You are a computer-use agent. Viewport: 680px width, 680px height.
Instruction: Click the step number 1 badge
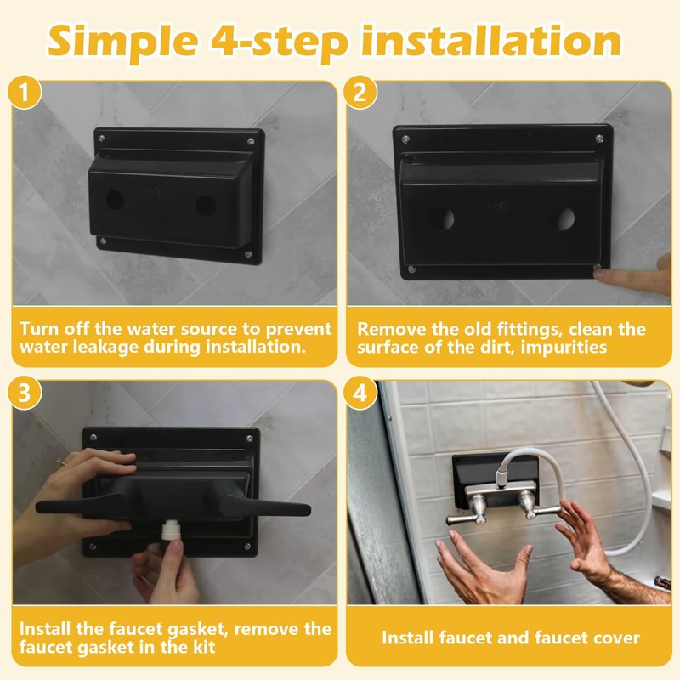pos(25,93)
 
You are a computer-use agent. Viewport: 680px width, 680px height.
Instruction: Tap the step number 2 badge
pos(360,93)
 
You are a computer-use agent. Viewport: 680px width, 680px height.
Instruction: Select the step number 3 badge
pos(25,393)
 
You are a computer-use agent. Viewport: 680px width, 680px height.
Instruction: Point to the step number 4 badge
pos(360,393)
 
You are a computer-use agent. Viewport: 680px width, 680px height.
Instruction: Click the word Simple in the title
pos(123,42)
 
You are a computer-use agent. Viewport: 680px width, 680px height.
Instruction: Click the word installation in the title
pos(491,40)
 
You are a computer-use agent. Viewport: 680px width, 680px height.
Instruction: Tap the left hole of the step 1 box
pos(116,200)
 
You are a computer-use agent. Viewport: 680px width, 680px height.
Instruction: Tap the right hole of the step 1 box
pos(206,206)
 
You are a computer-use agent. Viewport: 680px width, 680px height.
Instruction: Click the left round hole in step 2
pos(441,219)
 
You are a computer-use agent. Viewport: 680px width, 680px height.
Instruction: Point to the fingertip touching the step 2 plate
pos(602,275)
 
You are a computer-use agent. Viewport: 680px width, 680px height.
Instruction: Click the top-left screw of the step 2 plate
pos(406,139)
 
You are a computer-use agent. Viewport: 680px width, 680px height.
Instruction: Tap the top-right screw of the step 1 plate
pos(250,141)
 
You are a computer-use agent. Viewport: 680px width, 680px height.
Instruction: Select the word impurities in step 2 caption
pos(564,347)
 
